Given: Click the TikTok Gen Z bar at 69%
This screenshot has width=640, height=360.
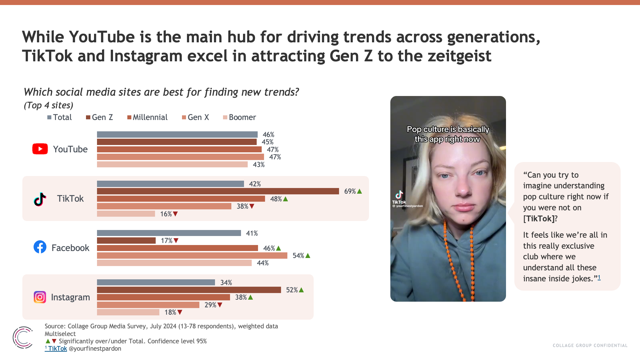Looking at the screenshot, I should tap(218, 191).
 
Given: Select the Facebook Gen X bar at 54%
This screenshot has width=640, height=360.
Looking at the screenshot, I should tap(192, 256).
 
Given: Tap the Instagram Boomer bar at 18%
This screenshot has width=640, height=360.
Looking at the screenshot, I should tap(128, 312).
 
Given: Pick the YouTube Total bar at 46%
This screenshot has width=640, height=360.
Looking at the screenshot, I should tap(177, 135).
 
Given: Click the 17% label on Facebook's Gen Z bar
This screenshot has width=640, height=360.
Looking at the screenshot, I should tap(166, 241).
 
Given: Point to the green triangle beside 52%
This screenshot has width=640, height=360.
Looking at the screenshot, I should tap(301, 290).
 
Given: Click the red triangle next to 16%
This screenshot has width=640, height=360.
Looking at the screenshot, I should tap(175, 214).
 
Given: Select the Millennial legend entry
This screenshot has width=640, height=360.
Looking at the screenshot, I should tap(147, 117).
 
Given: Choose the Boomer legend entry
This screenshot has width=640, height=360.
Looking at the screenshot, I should tap(239, 117).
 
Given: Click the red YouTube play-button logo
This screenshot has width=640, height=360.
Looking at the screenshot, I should tap(40, 149).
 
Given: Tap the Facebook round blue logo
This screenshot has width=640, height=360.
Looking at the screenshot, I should tap(40, 247).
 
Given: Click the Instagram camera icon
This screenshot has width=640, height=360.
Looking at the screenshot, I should tap(40, 297).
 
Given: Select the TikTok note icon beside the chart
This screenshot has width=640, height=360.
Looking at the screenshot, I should tap(40, 199).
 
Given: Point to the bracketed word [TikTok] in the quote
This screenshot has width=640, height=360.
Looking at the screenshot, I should tap(539, 219).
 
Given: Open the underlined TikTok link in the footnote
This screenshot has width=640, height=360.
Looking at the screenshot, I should tap(57, 349).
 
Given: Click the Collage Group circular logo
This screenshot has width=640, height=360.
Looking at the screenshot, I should tap(23, 338).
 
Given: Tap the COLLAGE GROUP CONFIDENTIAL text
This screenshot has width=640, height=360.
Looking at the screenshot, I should tap(590, 346).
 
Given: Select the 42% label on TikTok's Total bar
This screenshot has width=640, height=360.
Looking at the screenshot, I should tap(255, 184).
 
